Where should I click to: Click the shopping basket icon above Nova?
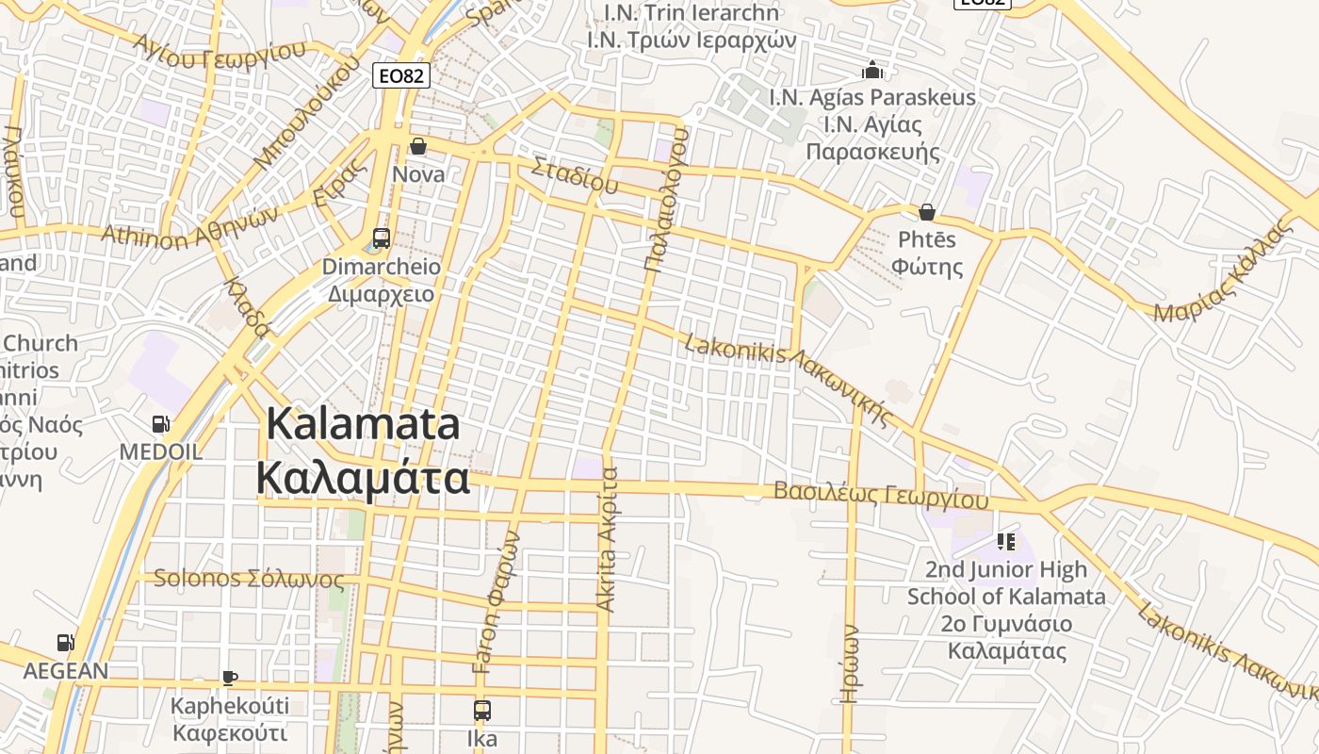point(418,146)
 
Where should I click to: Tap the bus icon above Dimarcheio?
point(382,238)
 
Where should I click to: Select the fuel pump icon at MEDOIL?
point(161,425)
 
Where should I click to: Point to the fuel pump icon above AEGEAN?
point(65,643)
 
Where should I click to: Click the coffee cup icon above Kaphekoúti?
point(230,677)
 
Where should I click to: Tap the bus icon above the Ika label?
point(482,710)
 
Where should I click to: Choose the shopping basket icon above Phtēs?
point(927,211)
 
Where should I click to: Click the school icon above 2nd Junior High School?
point(1005,541)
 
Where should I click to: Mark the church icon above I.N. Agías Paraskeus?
point(872,70)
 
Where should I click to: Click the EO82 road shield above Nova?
point(401,75)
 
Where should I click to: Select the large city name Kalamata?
point(363,451)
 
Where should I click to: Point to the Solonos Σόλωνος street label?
point(249,578)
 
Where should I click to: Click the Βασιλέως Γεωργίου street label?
point(881,494)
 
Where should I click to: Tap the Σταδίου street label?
point(575,175)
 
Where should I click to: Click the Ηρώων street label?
point(850,664)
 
